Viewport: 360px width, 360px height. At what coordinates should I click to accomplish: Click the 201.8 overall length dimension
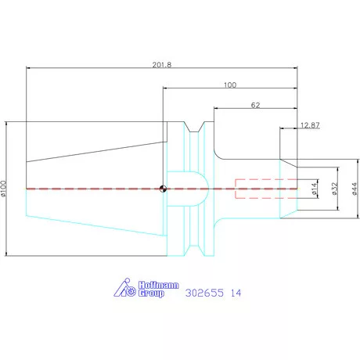click(x=162, y=65)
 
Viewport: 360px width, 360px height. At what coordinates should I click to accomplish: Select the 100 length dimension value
click(x=230, y=85)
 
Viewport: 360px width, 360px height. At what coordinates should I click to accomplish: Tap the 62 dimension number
click(x=255, y=105)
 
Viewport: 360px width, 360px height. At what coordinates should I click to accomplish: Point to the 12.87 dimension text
click(x=310, y=125)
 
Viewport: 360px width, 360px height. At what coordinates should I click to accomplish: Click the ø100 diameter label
click(x=3, y=189)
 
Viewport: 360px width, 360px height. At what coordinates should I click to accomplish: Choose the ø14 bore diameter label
click(x=315, y=189)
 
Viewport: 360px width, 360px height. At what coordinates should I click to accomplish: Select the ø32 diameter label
click(x=335, y=189)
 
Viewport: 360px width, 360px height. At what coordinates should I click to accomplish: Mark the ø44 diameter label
click(x=355, y=189)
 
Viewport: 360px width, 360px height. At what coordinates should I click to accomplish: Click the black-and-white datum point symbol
click(x=163, y=189)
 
